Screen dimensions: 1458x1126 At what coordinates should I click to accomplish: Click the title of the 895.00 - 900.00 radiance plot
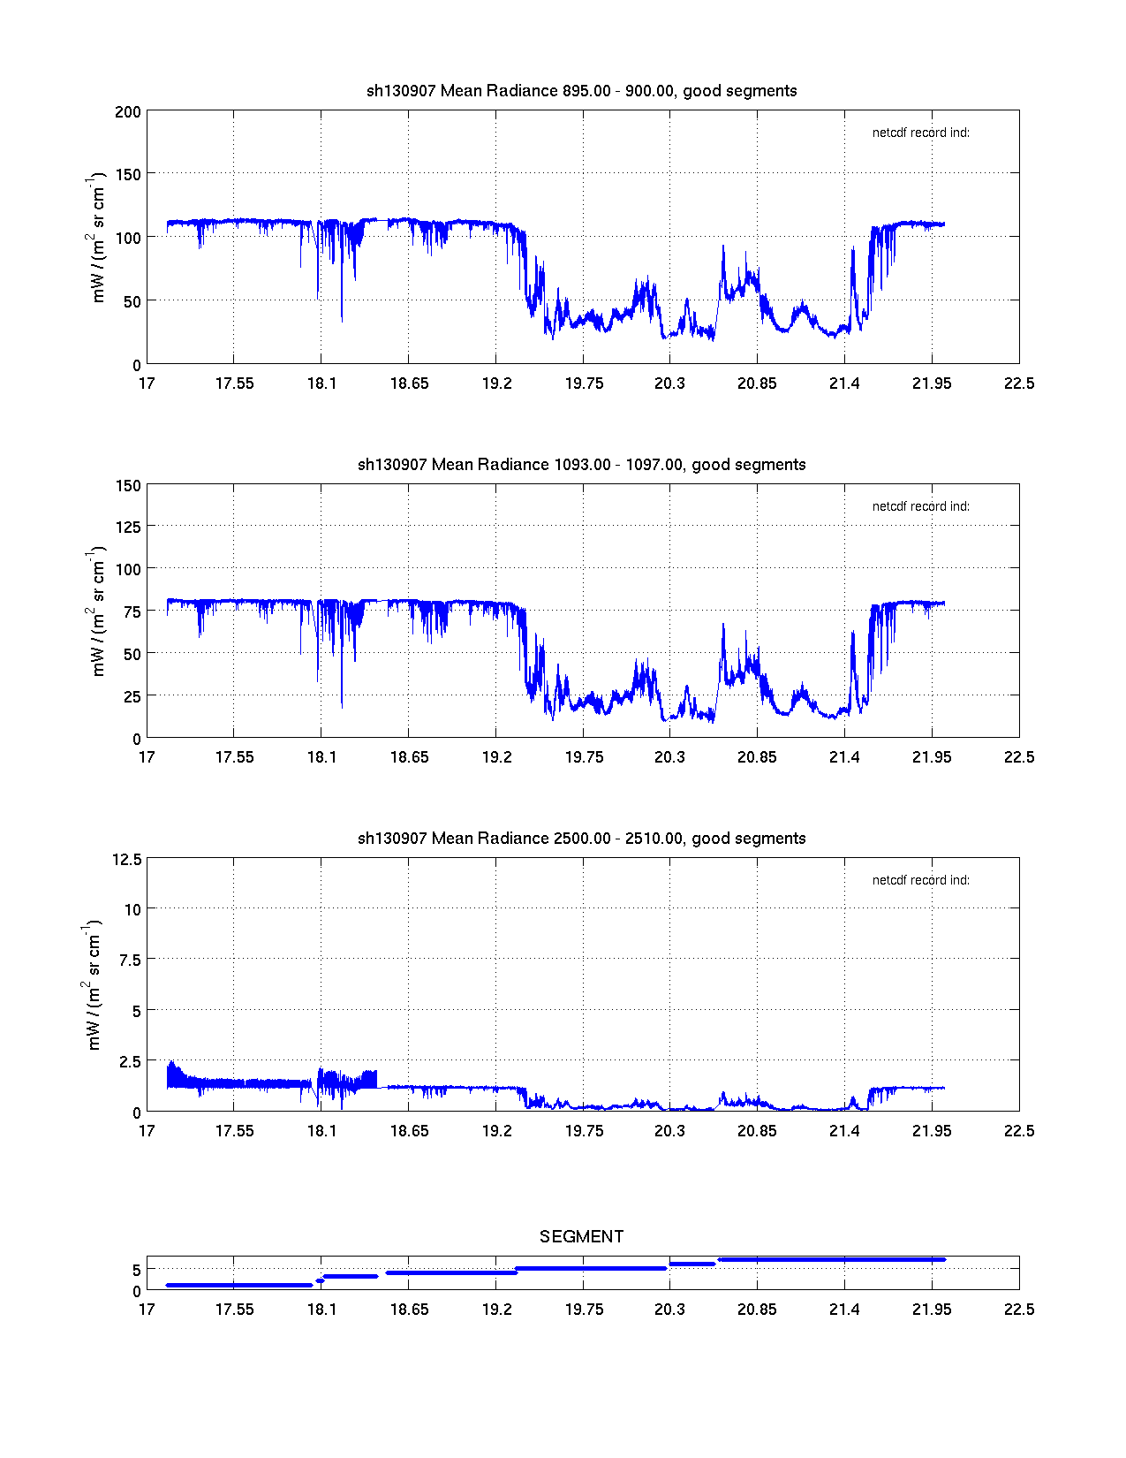pyautogui.click(x=581, y=90)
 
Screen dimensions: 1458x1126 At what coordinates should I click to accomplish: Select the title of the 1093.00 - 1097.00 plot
pyautogui.click(x=581, y=464)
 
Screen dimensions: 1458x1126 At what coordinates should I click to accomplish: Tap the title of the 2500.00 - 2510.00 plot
pyautogui.click(x=581, y=838)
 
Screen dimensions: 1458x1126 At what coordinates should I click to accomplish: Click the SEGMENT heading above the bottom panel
pyautogui.click(x=581, y=1236)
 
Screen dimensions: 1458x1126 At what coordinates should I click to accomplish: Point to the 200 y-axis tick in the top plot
pyautogui.click(x=128, y=111)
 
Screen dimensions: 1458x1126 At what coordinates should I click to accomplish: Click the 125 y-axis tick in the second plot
pyautogui.click(x=128, y=527)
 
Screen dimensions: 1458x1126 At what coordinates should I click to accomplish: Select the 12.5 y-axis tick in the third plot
pyautogui.click(x=127, y=859)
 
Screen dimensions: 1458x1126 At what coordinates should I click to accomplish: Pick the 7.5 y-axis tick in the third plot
pyautogui.click(x=131, y=961)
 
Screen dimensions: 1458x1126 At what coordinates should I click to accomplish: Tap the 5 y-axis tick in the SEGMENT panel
pyautogui.click(x=137, y=1270)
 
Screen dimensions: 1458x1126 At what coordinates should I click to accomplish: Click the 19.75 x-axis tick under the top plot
pyautogui.click(x=584, y=383)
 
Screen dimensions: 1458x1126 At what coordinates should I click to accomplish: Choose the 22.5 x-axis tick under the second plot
pyautogui.click(x=1018, y=757)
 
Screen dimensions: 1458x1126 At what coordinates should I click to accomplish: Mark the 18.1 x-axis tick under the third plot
pyautogui.click(x=321, y=1131)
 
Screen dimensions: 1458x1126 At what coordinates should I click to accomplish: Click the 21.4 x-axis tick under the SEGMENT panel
pyautogui.click(x=844, y=1310)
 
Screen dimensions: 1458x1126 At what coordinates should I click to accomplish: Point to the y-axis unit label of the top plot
pyautogui.click(x=97, y=238)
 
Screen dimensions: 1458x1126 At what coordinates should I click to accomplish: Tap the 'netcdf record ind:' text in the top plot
pyautogui.click(x=920, y=133)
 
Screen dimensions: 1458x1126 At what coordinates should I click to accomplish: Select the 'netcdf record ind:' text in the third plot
pyautogui.click(x=920, y=880)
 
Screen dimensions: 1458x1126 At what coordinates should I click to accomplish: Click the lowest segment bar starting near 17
pyautogui.click(x=238, y=1285)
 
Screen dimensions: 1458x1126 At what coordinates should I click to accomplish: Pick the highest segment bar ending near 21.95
pyautogui.click(x=830, y=1259)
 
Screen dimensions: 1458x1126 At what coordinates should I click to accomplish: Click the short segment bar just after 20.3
pyautogui.click(x=692, y=1264)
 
